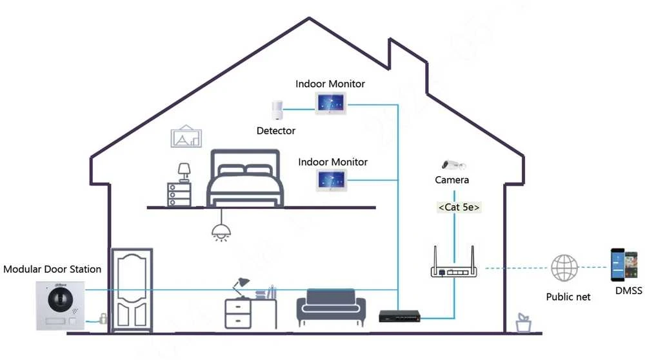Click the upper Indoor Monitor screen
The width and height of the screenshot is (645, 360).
point(331,103)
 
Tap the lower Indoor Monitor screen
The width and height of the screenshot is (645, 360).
point(332,181)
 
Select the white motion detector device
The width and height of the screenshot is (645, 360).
point(277,110)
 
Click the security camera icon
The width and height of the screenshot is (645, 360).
point(453,165)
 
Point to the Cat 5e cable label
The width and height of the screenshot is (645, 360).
point(459,207)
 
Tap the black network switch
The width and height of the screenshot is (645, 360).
point(399,316)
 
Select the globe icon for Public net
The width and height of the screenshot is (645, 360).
point(564,268)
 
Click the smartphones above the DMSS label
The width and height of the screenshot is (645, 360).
point(624,265)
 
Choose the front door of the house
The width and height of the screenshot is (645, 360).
point(132,290)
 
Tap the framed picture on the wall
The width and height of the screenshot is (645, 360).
point(186,136)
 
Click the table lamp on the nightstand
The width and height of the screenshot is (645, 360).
point(184,173)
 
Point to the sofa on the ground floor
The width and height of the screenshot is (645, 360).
point(331,307)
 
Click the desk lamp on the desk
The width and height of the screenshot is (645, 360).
point(241,287)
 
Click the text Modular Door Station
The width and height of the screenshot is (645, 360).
point(52,269)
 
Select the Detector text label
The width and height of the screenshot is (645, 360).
point(276,131)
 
